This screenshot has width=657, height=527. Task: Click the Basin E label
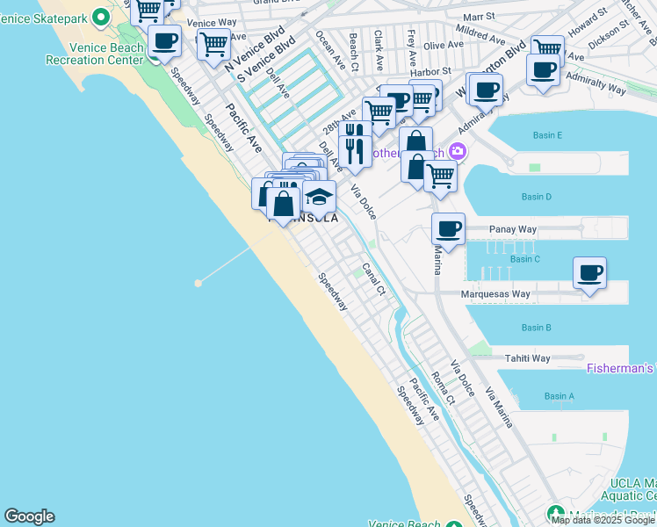[546, 135]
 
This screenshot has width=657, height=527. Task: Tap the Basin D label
[536, 197]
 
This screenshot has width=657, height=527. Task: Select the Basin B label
[536, 328]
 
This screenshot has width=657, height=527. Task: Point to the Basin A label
[559, 396]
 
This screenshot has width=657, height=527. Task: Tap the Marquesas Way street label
[497, 294]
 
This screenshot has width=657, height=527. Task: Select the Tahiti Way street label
[527, 358]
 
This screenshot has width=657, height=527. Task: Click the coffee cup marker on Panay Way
[448, 229]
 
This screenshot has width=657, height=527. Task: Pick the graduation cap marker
[320, 197]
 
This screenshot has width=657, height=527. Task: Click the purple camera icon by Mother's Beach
[456, 152]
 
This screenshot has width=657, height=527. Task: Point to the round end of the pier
[199, 283]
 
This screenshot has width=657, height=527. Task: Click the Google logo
[29, 516]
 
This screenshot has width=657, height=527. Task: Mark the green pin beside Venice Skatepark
[101, 16]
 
